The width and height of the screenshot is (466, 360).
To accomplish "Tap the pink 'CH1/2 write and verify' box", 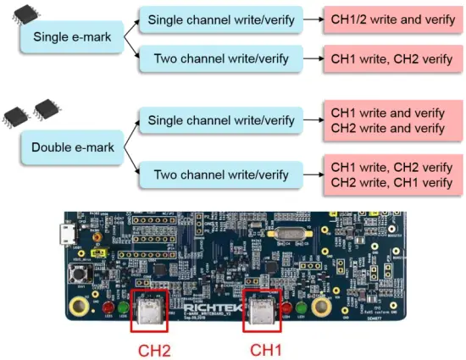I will (x=386, y=19).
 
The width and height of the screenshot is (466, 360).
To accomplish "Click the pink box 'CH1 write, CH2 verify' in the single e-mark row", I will (x=386, y=60).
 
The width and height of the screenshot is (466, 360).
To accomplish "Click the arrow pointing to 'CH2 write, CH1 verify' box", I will (x=309, y=174).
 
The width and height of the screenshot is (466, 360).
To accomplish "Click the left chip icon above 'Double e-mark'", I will (x=17, y=114).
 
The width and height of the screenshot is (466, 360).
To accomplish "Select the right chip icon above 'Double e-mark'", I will (x=45, y=108).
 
